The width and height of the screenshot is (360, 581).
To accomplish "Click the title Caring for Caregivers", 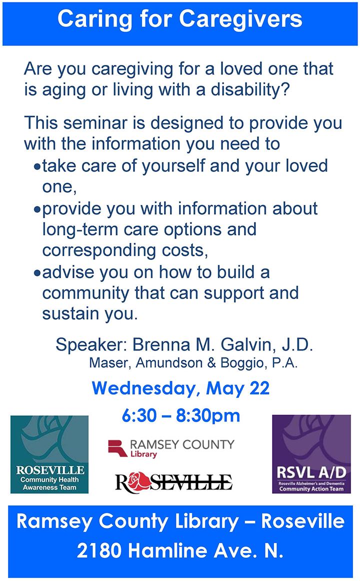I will coord(179,19).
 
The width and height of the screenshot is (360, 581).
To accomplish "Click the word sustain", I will coord(68,315).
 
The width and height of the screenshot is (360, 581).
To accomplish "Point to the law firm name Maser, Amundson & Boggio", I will coord(193,363).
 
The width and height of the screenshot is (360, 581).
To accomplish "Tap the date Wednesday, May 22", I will coord(180,388).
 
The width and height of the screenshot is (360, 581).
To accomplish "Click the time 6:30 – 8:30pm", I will coord(180,415).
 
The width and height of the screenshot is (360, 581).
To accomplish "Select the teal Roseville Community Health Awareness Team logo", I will coord(49,454).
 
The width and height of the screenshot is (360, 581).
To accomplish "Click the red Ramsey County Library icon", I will coord(117,447).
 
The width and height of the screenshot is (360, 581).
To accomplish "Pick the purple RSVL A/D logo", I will coord(311,454).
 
